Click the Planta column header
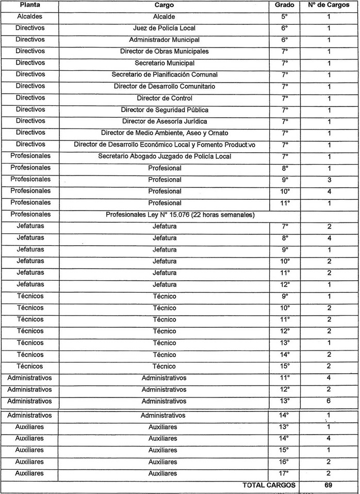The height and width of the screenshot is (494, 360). pos(30,5)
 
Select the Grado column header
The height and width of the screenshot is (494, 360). pos(285,5)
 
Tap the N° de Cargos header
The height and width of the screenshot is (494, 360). pos(328,5)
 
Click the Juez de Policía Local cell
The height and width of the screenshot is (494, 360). pos(164,28)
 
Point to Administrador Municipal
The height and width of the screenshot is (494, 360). pos(164,40)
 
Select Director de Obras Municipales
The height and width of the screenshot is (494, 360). pos(164,52)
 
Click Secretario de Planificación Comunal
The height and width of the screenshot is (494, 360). pos(164,75)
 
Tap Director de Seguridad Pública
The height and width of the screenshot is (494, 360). pos(164,110)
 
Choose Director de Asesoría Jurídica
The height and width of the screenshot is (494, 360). pos(164,121)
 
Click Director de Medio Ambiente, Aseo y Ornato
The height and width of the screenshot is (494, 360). pos(164,133)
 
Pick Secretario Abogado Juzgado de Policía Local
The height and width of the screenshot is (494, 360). pos(164,156)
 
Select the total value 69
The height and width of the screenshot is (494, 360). pos(328,485)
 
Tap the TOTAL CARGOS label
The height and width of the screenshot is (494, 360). pos(269,485)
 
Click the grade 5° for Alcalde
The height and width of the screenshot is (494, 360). pos(285,17)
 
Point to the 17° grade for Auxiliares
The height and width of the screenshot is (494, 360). pos(285,473)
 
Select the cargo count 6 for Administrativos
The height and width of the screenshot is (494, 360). pos(328,401)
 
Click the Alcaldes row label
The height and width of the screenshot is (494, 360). pos(30,17)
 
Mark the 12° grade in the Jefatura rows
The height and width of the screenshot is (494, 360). pos(285,284)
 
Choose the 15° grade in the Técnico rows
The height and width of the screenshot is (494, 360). pos(285,366)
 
